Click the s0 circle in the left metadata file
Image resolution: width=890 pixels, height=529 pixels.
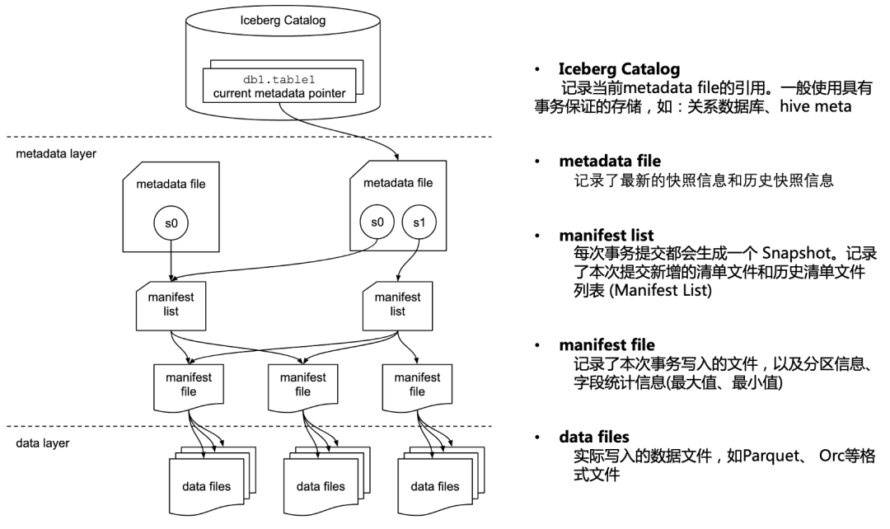click(170, 222)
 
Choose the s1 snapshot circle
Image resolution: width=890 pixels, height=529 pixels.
click(419, 222)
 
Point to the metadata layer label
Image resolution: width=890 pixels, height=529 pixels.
click(56, 153)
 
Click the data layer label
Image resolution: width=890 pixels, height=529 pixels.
click(43, 443)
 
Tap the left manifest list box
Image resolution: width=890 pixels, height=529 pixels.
click(170, 305)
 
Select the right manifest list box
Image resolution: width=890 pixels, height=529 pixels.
click(398, 305)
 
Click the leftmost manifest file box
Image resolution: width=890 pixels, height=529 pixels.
click(189, 385)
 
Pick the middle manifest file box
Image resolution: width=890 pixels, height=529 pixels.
click(303, 385)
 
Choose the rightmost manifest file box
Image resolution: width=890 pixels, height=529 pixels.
click(417, 385)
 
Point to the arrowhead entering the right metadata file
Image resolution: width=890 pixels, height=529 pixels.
click(398, 157)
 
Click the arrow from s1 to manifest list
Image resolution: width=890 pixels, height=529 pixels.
click(409, 260)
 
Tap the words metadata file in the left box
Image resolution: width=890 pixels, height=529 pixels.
click(171, 184)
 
